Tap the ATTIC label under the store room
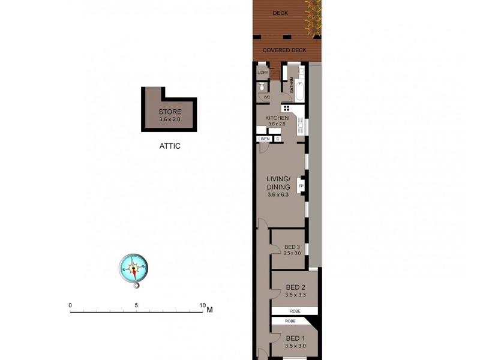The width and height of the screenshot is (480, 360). click(x=170, y=146)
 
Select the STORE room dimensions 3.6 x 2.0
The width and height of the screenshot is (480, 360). click(x=170, y=119)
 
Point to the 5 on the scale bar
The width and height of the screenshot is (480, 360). click(x=137, y=305)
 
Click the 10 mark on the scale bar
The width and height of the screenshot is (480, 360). click(x=202, y=305)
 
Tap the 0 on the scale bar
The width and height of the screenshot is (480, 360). click(x=70, y=305)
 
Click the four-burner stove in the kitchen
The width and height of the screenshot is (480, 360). click(x=286, y=109)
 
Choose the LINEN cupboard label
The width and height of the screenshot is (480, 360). click(x=263, y=139)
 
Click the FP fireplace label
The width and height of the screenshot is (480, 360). click(x=301, y=187)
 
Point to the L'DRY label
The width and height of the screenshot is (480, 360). click(x=262, y=73)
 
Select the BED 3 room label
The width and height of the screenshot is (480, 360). click(x=292, y=247)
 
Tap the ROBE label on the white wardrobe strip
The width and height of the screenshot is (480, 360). click(x=294, y=311)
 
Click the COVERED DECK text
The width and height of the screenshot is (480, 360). click(x=286, y=51)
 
